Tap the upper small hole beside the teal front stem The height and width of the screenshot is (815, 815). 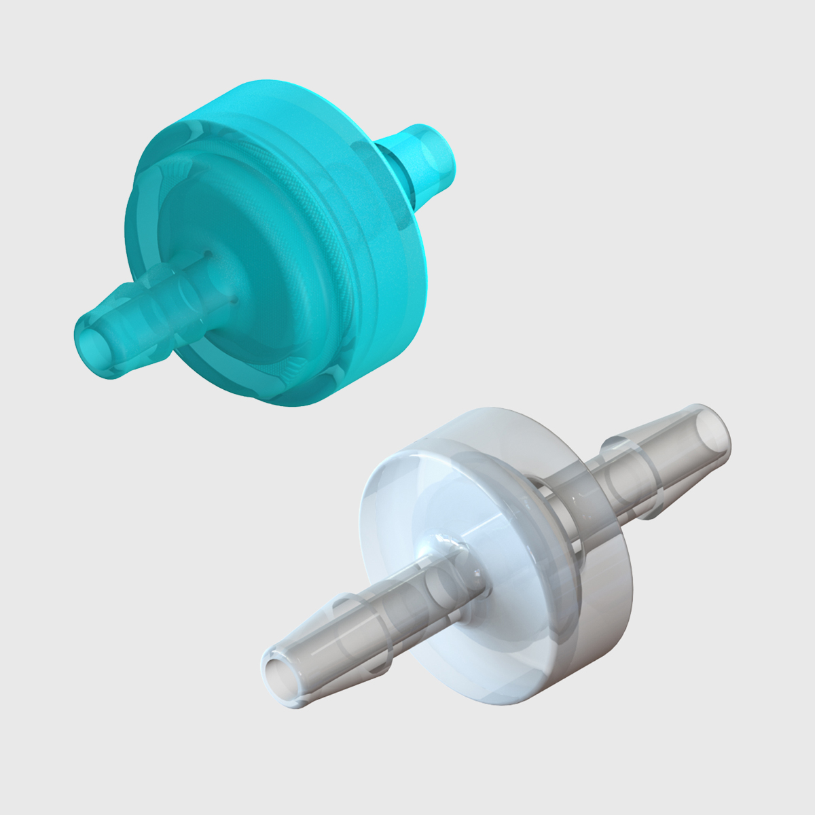209,255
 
